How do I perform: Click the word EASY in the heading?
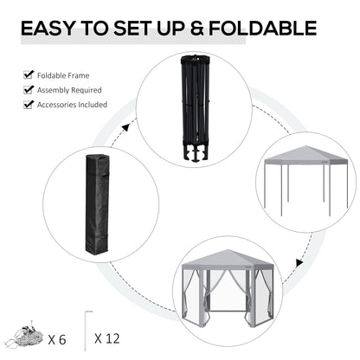(x=51, y=29)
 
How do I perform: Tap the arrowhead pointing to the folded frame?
(x=125, y=128)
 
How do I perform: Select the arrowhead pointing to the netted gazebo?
(x=296, y=261)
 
